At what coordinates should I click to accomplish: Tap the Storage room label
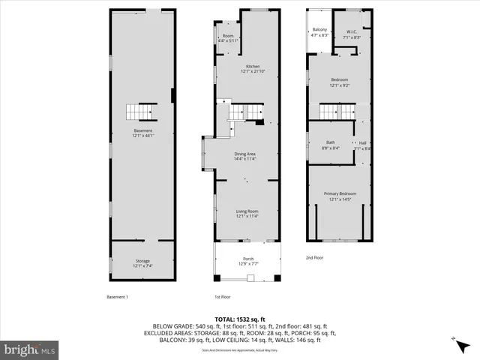click(142, 262)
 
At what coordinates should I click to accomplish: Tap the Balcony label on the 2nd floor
click(319, 32)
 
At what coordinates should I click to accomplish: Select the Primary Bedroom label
click(340, 196)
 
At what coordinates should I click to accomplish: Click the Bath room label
click(330, 145)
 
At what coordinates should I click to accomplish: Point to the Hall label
click(362, 145)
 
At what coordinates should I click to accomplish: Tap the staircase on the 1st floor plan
click(238, 112)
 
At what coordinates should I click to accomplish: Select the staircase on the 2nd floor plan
click(332, 112)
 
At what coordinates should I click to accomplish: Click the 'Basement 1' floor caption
click(117, 297)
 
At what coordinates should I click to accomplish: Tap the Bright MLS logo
click(31, 349)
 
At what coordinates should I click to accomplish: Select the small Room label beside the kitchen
click(227, 38)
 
